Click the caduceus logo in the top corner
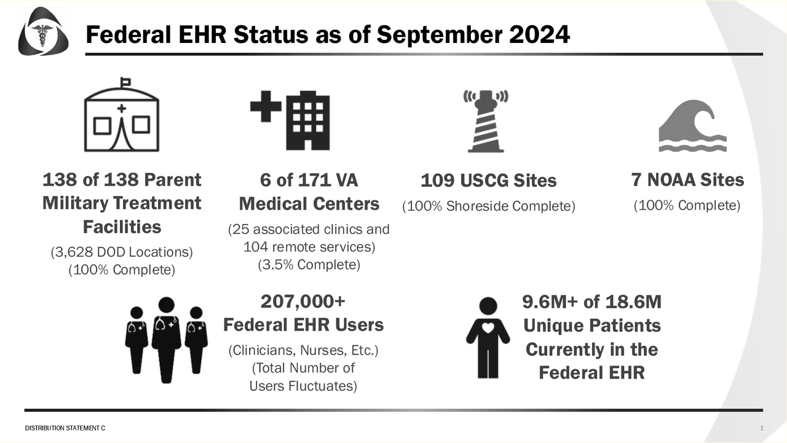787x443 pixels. tap(43, 31)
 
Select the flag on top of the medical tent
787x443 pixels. tap(125, 83)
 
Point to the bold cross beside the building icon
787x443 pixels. tap(266, 106)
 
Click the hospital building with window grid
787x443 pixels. tap(308, 120)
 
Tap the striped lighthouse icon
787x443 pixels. tap(486, 121)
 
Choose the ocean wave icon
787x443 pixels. tap(692, 126)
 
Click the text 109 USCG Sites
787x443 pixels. tap(489, 181)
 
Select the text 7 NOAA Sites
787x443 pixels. tap(687, 180)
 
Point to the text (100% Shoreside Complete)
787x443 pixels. tap(489, 206)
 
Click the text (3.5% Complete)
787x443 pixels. tap(309, 265)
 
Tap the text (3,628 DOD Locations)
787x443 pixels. tap(122, 252)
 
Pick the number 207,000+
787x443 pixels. tap(303, 301)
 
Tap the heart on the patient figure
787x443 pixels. tap(488, 328)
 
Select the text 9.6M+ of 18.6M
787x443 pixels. tap(591, 302)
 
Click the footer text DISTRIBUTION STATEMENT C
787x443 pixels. tap(65, 428)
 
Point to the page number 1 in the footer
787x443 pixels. tap(762, 428)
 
